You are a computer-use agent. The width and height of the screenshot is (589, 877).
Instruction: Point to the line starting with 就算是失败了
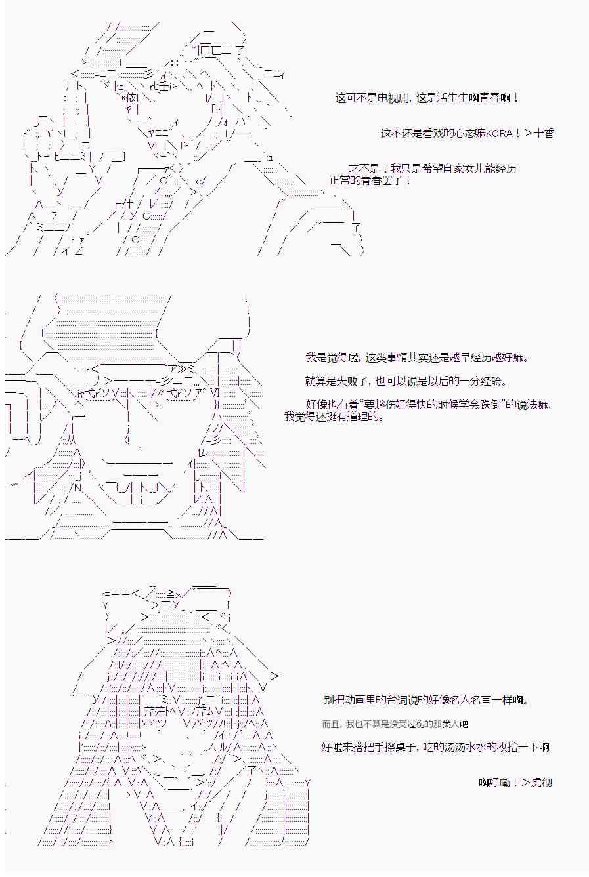(x=406, y=381)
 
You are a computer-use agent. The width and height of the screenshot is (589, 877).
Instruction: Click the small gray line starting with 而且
(x=395, y=724)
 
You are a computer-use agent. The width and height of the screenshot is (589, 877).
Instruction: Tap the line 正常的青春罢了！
(x=370, y=180)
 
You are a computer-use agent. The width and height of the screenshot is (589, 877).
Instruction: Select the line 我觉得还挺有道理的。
(x=334, y=416)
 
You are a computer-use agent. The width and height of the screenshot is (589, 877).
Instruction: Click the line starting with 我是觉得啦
(x=417, y=357)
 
